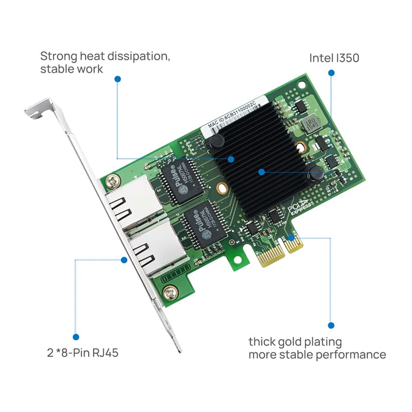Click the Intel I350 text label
tap(334, 58)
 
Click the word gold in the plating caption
tap(299, 341)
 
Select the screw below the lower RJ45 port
tap(169, 293)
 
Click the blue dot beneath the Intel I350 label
tap(331, 73)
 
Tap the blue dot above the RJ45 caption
tap(76, 337)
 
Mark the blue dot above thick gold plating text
tap(331, 325)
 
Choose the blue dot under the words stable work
tap(117, 79)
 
